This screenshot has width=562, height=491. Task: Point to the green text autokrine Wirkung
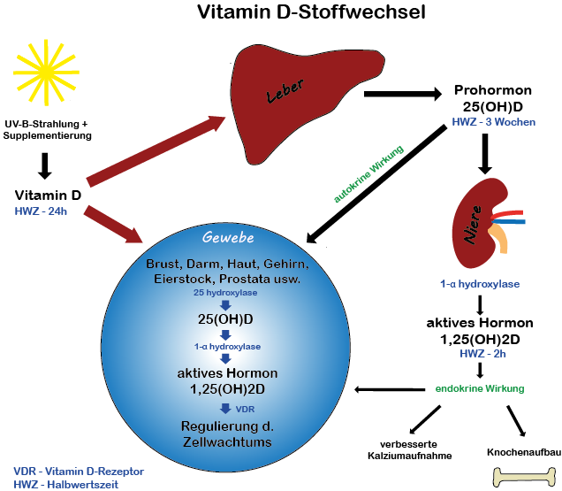coord(368,173)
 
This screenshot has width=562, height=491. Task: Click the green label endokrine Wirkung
coord(479,388)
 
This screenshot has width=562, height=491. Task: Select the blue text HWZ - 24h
coord(42,210)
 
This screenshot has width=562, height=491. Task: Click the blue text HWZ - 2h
coord(479,354)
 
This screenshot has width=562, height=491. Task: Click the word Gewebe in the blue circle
coord(228,238)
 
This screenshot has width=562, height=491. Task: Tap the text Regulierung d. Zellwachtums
coord(226,433)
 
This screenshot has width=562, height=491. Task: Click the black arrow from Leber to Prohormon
coord(402,93)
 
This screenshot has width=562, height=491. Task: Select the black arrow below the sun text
coord(45,165)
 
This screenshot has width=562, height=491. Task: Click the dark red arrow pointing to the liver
coord(155,150)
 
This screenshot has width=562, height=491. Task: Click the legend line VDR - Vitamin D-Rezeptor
coord(79,472)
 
